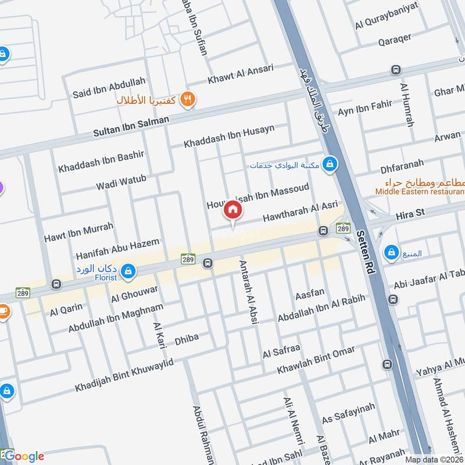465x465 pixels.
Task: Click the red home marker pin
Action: (x=233, y=210)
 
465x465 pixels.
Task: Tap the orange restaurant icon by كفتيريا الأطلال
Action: (x=187, y=99)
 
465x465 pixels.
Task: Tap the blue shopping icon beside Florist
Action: (x=129, y=271)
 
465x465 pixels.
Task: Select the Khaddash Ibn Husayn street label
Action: (x=229, y=137)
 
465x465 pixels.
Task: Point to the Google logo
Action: (x=23, y=456)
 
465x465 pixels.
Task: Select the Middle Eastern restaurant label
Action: (x=420, y=191)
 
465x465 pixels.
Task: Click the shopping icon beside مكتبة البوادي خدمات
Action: (x=330, y=164)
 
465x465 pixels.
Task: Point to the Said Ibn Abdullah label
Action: (x=109, y=88)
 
